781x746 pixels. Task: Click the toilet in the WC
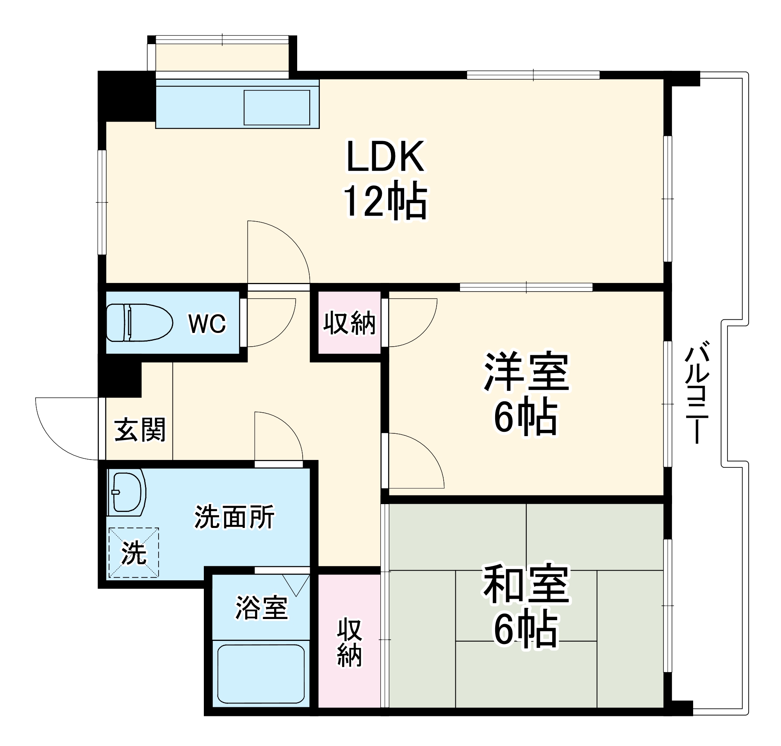click(x=139, y=322)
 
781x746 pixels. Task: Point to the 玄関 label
click(x=139, y=430)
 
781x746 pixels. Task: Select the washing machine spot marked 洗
click(x=134, y=553)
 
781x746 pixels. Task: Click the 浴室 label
click(x=261, y=608)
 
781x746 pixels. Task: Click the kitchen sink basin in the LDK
click(x=276, y=107)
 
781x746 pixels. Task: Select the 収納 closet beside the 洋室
click(x=349, y=322)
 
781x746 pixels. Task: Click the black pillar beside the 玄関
click(x=119, y=379)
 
